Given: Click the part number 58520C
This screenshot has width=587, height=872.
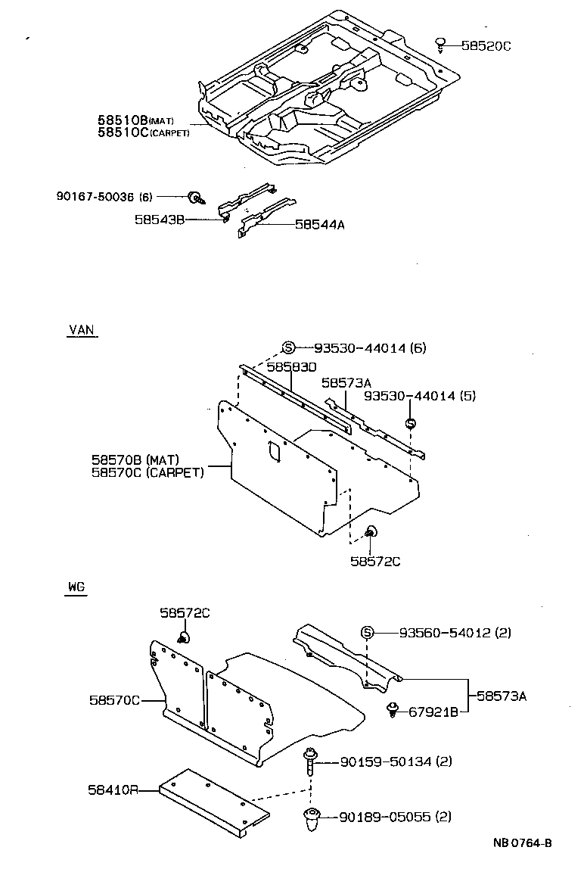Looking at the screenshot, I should coord(486,46).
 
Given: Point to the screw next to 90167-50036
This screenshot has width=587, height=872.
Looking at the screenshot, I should coord(195,198).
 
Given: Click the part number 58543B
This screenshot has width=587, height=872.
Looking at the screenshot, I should coord(160,220).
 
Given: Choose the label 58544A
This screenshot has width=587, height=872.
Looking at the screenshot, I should coord(320,225).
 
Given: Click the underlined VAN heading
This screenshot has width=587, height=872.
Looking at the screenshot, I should coord(82,330).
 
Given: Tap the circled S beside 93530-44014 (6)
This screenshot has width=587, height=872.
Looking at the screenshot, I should coord(288,348).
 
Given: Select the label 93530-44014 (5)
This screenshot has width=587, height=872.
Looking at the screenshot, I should coord(420,396).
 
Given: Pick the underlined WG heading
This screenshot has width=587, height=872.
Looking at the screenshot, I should coord(76,587).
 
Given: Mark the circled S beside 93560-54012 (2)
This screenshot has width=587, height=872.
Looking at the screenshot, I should coord(367,633).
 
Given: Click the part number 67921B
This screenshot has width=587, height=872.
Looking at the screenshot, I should coord(433,712).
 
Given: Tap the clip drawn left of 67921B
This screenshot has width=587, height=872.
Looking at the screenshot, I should coord(393,709).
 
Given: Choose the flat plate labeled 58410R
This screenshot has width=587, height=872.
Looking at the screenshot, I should coord(216,803).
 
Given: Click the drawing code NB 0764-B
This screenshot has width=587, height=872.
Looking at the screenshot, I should coord(522,843).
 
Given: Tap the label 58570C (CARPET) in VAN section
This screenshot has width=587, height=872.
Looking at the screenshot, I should coord(148,473).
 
